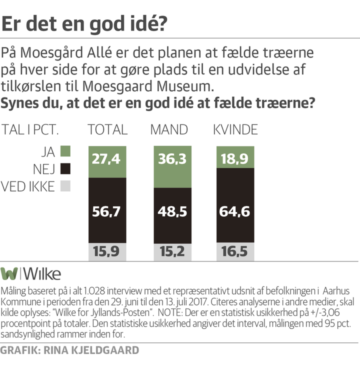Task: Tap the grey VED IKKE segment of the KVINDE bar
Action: coord(235,251)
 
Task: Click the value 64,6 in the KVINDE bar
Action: coord(235,211)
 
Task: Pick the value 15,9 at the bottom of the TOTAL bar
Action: coord(107,251)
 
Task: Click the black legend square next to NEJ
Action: coord(65,168)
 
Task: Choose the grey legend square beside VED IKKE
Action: coord(65,186)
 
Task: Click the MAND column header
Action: coord(169,130)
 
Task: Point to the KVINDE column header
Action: coord(235,130)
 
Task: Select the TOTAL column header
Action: coord(107,130)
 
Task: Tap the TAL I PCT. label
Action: coord(31,130)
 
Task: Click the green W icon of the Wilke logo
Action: coord(9,273)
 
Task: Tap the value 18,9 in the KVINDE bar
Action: coord(235,159)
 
